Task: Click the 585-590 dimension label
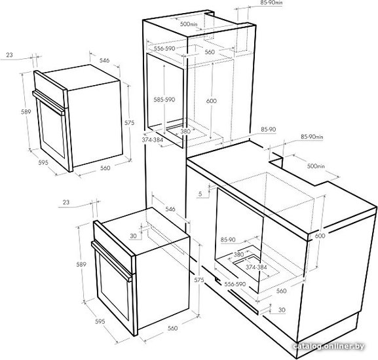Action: pyautogui.click(x=164, y=99)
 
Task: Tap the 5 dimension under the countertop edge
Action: pyautogui.click(x=200, y=194)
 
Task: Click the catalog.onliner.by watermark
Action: pyautogui.click(x=329, y=346)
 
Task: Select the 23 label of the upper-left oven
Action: pyautogui.click(x=9, y=55)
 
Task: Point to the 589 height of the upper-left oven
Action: pyautogui.click(x=26, y=112)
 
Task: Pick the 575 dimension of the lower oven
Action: pyautogui.click(x=199, y=280)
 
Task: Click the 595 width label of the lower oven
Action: pyautogui.click(x=100, y=321)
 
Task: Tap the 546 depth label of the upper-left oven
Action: pyautogui.click(x=104, y=60)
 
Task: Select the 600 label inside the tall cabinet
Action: pyautogui.click(x=212, y=101)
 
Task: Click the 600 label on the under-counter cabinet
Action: pyautogui.click(x=320, y=236)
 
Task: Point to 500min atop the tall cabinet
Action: pyautogui.click(x=189, y=24)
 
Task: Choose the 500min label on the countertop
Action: pyautogui.click(x=316, y=166)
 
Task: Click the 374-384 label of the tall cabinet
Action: pyautogui.click(x=153, y=139)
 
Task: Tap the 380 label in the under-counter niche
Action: pyautogui.click(x=239, y=254)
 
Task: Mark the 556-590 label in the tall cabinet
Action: pyautogui.click(x=164, y=48)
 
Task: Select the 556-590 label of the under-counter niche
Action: pyautogui.click(x=235, y=284)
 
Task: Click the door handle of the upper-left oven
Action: pyautogui.click(x=48, y=103)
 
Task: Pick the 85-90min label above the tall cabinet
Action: pyautogui.click(x=271, y=3)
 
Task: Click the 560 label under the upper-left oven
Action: pyautogui.click(x=105, y=168)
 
